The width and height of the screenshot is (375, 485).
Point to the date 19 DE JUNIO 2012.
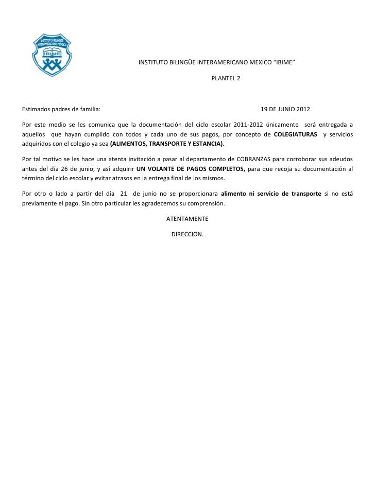point(286,110)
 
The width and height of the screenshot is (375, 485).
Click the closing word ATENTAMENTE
point(187,218)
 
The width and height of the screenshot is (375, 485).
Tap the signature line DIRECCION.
point(187,234)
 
